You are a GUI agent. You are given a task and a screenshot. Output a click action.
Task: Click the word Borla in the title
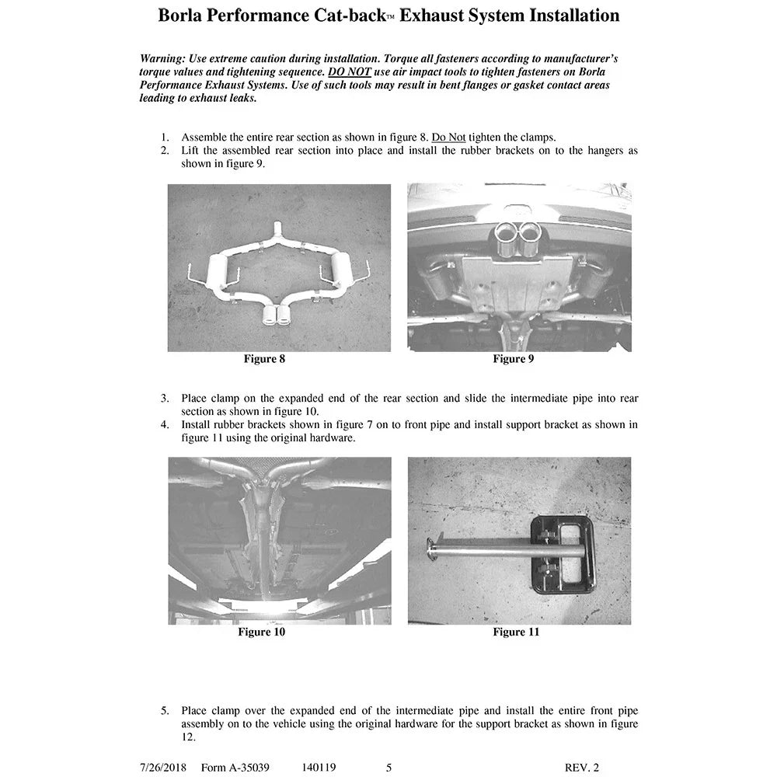click(x=179, y=16)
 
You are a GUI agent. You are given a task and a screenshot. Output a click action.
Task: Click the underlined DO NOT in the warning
click(x=350, y=71)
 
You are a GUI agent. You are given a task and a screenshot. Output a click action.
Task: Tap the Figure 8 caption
click(x=264, y=359)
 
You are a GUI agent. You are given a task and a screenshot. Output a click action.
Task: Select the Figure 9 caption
click(x=514, y=359)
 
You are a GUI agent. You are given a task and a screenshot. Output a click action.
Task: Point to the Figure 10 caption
click(x=262, y=632)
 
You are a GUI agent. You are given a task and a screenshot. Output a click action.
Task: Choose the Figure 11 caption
click(x=516, y=632)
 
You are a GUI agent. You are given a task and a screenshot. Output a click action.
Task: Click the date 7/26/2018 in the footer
click(x=163, y=768)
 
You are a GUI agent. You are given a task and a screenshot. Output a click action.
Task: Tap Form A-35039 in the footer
click(x=235, y=768)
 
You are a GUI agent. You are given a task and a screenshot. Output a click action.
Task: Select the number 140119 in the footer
click(x=319, y=768)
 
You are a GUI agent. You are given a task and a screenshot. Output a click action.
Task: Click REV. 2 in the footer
click(x=582, y=768)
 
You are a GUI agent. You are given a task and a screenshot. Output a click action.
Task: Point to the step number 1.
click(x=165, y=138)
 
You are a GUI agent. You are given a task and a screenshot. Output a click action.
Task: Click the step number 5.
click(x=165, y=711)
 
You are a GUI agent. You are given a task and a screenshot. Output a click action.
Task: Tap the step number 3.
click(x=165, y=399)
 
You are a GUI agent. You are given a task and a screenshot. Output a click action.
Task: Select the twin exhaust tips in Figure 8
click(x=277, y=315)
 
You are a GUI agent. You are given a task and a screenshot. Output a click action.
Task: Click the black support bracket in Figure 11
click(x=563, y=554)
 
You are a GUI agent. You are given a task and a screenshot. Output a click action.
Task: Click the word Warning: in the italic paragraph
click(x=162, y=59)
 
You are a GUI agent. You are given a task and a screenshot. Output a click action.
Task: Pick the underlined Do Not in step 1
click(x=448, y=138)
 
